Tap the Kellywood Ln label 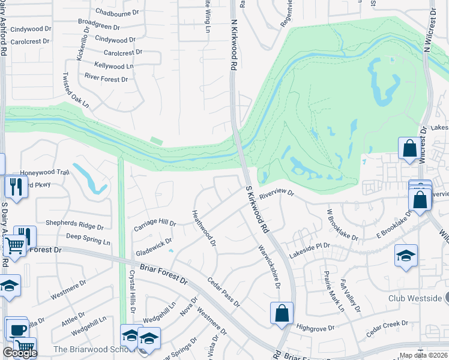(x=113, y=65)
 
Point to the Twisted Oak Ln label (x=76, y=91)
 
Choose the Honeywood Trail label (x=46, y=172)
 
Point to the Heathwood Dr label (x=203, y=228)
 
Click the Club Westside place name (x=415, y=298)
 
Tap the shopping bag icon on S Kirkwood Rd (x=282, y=313)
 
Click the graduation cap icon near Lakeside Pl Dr (x=406, y=256)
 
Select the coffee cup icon (x=17, y=329)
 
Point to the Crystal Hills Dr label (x=131, y=291)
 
